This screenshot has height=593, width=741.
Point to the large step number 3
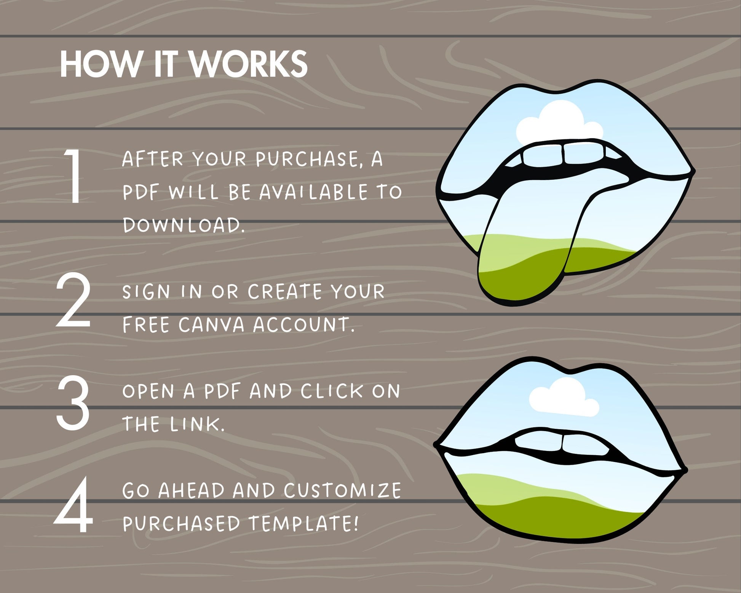(x=73, y=403)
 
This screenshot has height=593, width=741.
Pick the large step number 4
(x=73, y=505)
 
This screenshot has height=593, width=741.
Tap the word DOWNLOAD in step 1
(x=184, y=225)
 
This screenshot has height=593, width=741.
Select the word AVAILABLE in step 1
(x=313, y=192)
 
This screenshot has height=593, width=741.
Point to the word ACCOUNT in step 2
(x=304, y=324)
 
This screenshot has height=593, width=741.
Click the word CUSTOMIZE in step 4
(x=342, y=490)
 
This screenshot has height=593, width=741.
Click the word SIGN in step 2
(x=146, y=292)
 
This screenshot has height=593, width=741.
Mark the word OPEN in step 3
(x=149, y=391)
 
